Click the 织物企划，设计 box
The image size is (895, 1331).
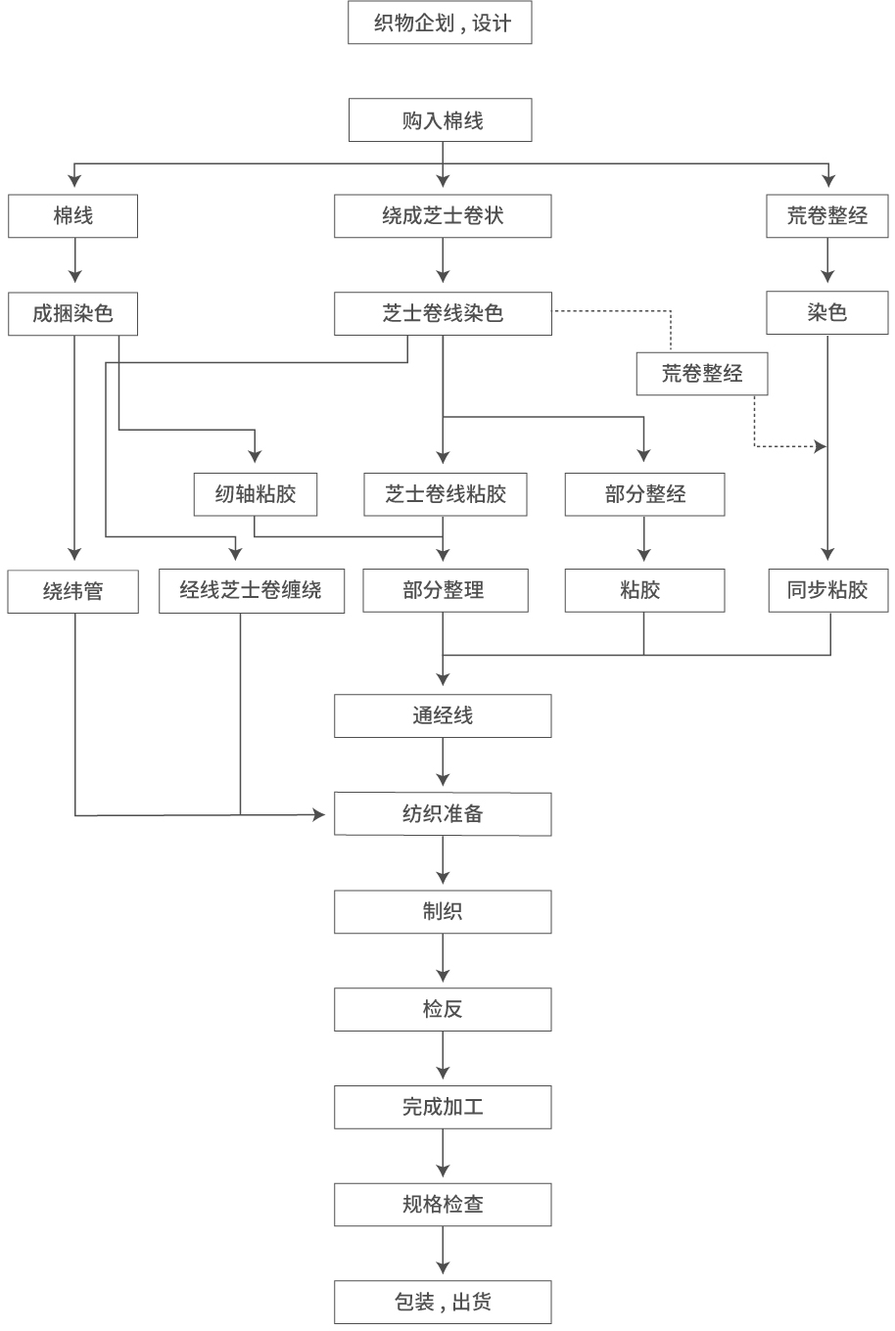440,23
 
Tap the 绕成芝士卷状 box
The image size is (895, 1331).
443,216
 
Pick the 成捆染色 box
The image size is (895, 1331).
73,314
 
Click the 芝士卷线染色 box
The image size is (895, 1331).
443,314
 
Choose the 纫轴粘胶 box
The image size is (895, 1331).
256,494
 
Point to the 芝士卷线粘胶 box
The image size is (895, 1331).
446,494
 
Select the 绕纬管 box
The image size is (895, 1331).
73,591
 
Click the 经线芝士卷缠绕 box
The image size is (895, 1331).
252,591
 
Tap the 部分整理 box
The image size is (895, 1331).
445,591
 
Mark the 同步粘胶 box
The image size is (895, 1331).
827,591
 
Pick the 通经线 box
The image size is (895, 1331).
443,716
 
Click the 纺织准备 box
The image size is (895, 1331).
443,814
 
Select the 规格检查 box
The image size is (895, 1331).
443,1205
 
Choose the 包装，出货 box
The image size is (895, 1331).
443,1302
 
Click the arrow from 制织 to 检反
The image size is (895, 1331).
443,960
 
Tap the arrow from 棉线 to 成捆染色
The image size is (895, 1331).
74,262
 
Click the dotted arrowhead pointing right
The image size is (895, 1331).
820,446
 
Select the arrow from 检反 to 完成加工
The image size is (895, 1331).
443,1057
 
